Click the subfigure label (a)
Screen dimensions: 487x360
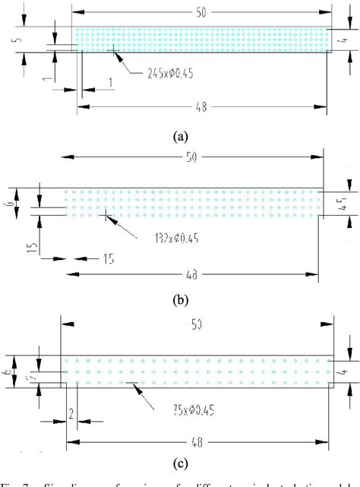click(x=180, y=137)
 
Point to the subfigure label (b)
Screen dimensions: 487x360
click(x=181, y=299)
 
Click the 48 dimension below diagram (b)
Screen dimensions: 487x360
click(x=194, y=274)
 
